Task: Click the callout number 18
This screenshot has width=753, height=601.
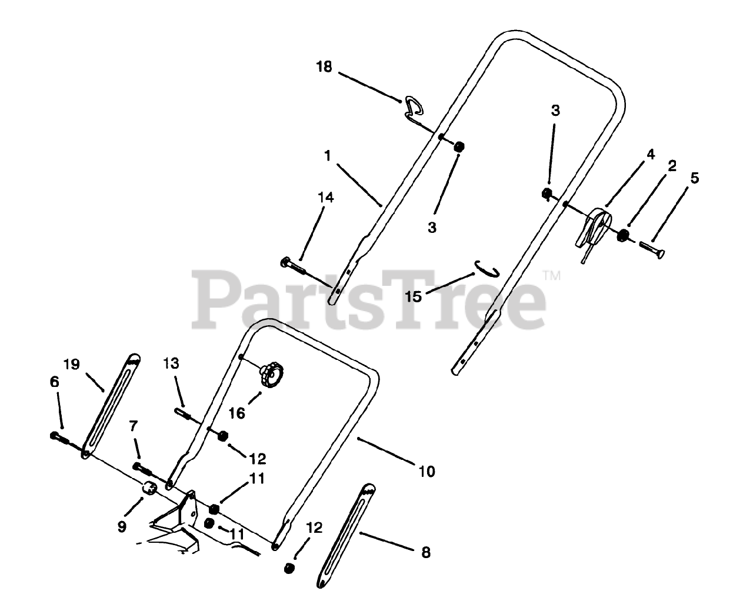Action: click(324, 67)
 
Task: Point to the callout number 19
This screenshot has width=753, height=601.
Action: click(72, 365)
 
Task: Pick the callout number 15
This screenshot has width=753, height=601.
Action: click(414, 296)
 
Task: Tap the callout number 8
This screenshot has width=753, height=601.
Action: click(426, 552)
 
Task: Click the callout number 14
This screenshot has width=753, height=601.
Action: click(326, 198)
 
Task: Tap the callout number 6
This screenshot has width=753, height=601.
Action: click(55, 382)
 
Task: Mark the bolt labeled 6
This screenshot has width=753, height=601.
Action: click(60, 438)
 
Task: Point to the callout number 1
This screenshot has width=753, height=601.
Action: click(328, 155)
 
